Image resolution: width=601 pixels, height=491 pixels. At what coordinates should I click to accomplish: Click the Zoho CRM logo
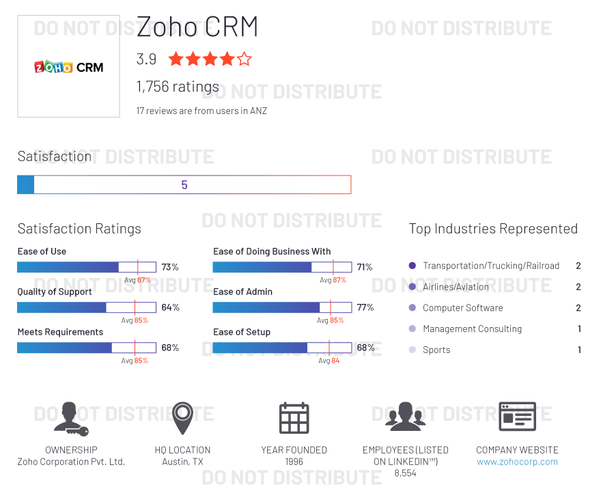[68, 67]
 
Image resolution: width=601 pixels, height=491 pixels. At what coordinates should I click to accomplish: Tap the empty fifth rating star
[244, 59]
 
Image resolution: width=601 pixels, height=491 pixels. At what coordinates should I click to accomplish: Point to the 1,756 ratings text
[178, 87]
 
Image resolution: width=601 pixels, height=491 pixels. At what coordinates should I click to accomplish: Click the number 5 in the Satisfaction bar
[184, 185]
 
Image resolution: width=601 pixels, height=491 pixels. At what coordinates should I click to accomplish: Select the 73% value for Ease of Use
[170, 267]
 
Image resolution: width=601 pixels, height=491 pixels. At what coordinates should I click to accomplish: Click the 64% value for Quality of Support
[170, 307]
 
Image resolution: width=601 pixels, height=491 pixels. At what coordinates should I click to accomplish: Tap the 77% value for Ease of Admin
[365, 307]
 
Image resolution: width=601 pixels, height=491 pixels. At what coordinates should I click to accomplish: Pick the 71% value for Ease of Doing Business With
[365, 267]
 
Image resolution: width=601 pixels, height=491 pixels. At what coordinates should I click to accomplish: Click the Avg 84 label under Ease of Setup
[329, 361]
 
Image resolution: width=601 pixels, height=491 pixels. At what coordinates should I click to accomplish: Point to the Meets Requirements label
[60, 332]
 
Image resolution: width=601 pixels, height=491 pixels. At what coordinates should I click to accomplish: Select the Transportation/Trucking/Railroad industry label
[490, 266]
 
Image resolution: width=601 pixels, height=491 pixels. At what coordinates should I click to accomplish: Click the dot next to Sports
[412, 350]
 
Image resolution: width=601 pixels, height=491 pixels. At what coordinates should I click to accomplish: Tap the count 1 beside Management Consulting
[579, 328]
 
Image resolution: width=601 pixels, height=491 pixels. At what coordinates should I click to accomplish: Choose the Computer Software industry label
[462, 308]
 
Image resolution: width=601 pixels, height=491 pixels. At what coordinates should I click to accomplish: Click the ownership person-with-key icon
[70, 419]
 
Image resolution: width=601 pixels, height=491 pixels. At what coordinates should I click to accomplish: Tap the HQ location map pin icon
[182, 417]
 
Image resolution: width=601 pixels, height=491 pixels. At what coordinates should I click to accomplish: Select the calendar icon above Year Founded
[294, 417]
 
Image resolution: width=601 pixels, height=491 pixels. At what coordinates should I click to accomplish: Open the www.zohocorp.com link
[517, 462]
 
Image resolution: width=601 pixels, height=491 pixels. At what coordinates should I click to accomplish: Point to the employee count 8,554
[405, 473]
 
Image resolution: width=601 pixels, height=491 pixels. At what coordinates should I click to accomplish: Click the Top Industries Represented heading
[493, 229]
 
